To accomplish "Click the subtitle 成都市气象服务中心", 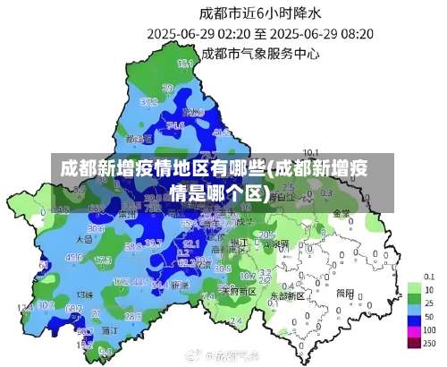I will pos(260,52).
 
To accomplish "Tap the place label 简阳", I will pos(345,292).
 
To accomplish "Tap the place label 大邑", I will pos(85,239).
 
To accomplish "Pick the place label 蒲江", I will pos(108,330).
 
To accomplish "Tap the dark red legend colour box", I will pos(414,343).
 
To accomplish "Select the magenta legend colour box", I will pos(414,330).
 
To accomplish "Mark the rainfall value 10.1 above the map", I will pos(311,152).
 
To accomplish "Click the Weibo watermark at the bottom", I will pos(223,355).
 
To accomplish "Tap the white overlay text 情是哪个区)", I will pos(219,192).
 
